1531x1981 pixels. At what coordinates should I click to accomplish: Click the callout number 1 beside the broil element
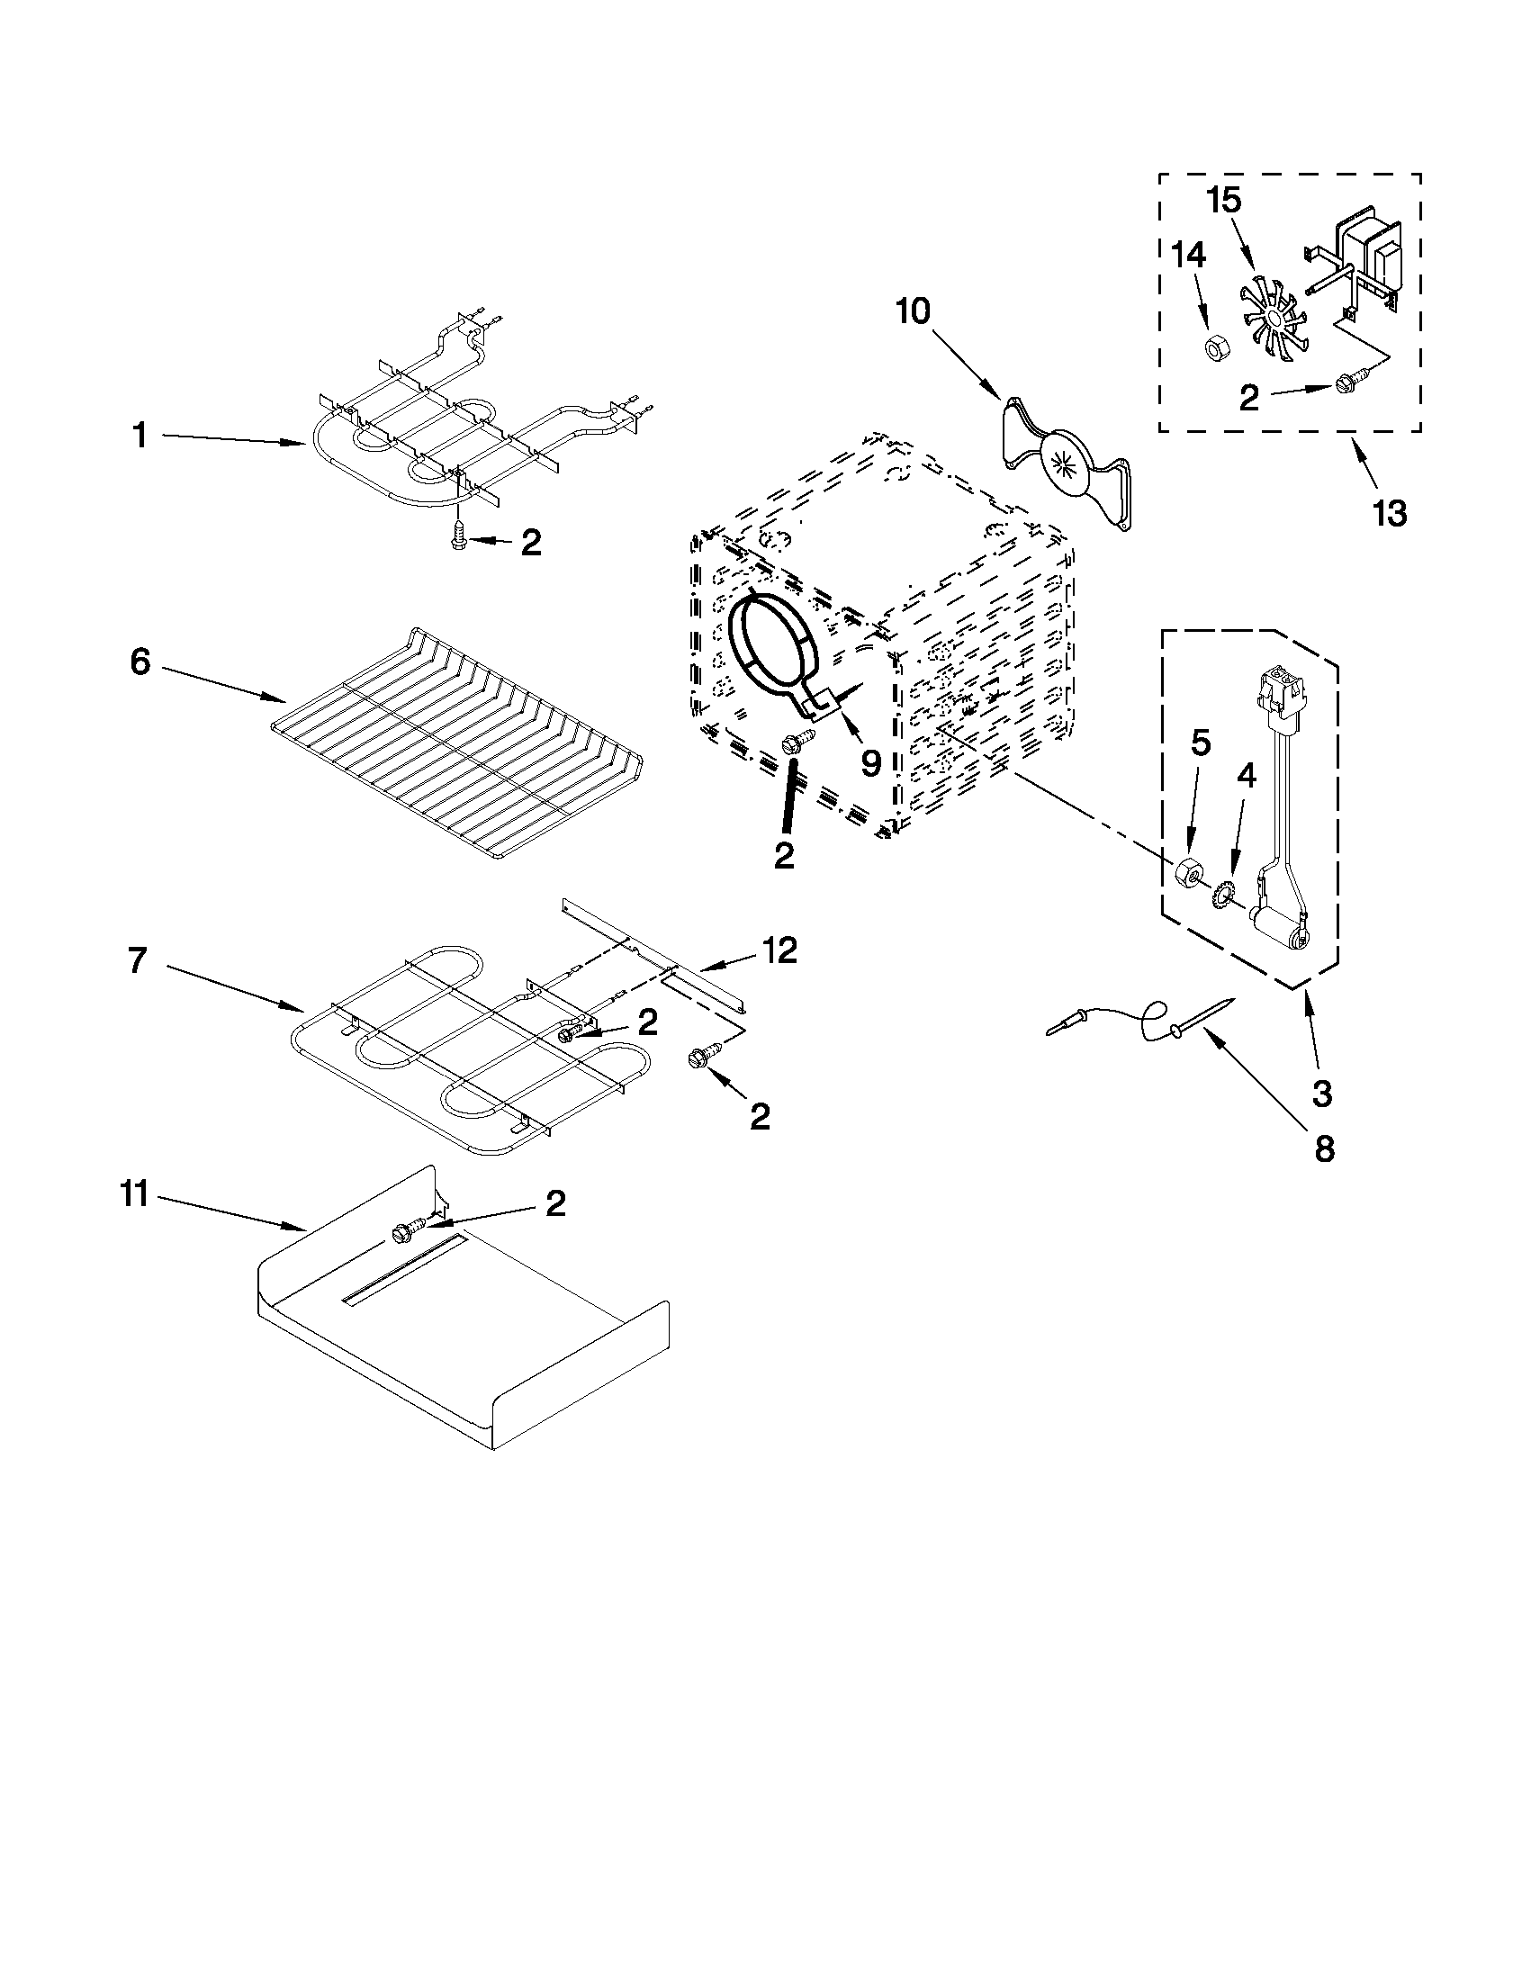pyautogui.click(x=140, y=437)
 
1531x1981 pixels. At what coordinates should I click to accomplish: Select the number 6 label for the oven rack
pyautogui.click(x=140, y=662)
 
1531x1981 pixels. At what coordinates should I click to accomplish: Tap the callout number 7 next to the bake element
pyautogui.click(x=137, y=959)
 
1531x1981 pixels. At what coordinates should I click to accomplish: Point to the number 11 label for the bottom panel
pyautogui.click(x=133, y=1195)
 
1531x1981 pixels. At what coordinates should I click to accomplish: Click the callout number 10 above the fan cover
pyautogui.click(x=913, y=311)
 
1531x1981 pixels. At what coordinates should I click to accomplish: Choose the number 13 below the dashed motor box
pyautogui.click(x=1389, y=513)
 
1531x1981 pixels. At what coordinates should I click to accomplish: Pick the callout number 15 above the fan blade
pyautogui.click(x=1223, y=200)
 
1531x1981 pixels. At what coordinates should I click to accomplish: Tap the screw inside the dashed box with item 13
pyautogui.click(x=1344, y=385)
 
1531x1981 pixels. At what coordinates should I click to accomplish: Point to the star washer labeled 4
pyautogui.click(x=1222, y=896)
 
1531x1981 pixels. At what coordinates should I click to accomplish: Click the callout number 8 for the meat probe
pyautogui.click(x=1323, y=1149)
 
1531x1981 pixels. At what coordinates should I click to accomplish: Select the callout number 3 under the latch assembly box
pyautogui.click(x=1321, y=1094)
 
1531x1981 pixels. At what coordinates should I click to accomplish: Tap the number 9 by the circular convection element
pyautogui.click(x=869, y=763)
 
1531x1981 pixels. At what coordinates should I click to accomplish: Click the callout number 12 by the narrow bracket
pyautogui.click(x=779, y=950)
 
